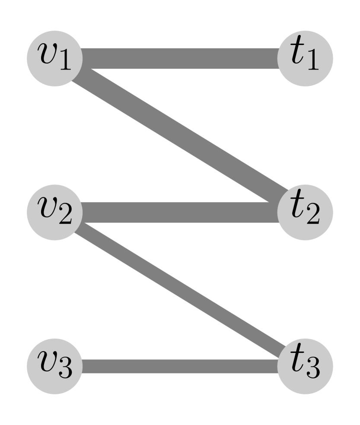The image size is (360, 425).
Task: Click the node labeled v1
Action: [x=54, y=58]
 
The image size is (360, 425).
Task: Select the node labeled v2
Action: [x=54, y=212]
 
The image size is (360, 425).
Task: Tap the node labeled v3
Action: [x=54, y=366]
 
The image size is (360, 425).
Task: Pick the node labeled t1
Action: [x=305, y=58]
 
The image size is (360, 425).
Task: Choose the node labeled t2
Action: [x=305, y=212]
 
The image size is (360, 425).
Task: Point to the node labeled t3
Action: [x=305, y=366]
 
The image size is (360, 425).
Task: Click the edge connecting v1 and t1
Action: [x=179, y=58]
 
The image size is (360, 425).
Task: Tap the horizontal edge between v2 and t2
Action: [x=179, y=212]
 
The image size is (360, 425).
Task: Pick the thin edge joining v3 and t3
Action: [x=179, y=366]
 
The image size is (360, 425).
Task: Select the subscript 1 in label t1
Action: [x=312, y=63]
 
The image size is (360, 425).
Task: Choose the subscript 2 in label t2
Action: [x=312, y=216]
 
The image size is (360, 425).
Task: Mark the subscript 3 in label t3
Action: [x=312, y=370]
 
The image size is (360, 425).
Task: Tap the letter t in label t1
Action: [x=297, y=56]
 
